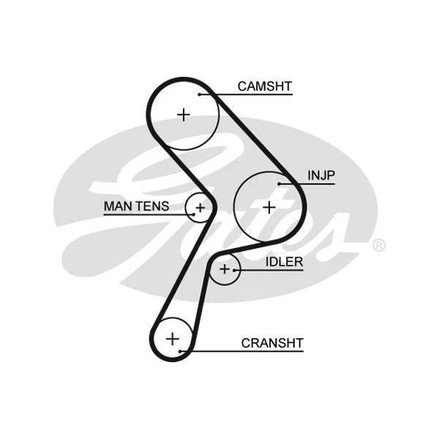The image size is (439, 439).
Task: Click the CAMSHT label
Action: (x=265, y=86)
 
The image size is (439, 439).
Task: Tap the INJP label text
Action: (x=321, y=176)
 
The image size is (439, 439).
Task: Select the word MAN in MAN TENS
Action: (x=118, y=206)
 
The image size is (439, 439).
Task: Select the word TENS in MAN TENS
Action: (x=153, y=206)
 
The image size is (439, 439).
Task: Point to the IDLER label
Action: (x=284, y=262)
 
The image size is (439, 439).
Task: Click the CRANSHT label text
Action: (x=272, y=343)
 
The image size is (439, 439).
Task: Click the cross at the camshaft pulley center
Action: (x=184, y=115)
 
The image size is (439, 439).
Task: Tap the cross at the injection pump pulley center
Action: (x=269, y=208)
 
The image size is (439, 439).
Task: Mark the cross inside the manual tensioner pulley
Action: (x=200, y=208)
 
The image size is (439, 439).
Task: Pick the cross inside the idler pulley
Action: (x=225, y=269)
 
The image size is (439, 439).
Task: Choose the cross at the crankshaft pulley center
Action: (x=173, y=339)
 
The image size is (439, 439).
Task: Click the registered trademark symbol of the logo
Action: (x=378, y=245)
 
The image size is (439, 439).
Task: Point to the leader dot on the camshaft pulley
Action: (x=199, y=94)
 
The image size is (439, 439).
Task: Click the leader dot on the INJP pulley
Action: (x=279, y=184)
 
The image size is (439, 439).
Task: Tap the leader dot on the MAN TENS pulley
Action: (x=194, y=214)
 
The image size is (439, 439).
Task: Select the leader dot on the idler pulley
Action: (x=234, y=270)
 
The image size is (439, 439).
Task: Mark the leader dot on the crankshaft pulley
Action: (x=181, y=351)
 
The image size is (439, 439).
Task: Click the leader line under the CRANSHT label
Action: (x=242, y=351)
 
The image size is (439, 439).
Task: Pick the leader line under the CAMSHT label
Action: (x=246, y=94)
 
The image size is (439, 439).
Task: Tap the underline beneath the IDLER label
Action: (x=269, y=270)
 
